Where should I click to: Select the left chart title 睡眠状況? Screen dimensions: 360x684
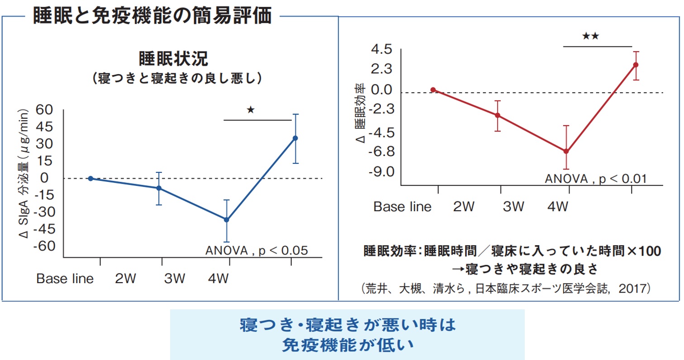point(172,59)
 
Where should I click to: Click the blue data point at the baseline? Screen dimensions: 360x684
point(90,178)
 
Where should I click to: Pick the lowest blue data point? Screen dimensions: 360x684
point(227,220)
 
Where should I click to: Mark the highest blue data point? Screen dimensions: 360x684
point(295,138)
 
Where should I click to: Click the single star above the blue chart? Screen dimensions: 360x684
point(251,109)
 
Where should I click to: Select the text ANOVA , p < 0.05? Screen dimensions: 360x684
point(256,250)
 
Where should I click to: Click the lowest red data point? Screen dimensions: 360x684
point(566,152)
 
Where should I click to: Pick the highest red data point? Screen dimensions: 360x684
point(636,65)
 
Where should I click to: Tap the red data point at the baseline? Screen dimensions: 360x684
point(433,90)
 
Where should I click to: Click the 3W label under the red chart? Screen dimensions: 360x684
point(513,207)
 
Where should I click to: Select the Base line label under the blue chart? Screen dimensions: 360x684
point(65,278)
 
